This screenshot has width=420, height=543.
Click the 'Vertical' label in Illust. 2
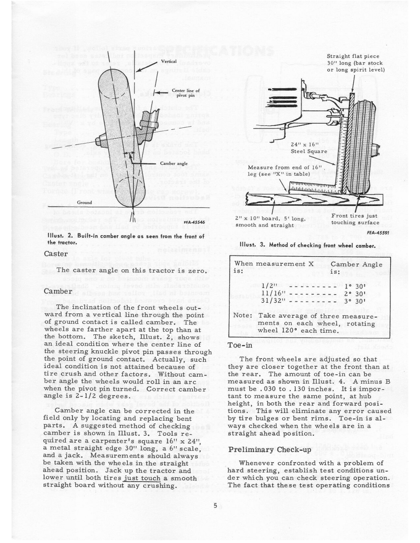[x=169, y=61]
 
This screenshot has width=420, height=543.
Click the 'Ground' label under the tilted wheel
[x=84, y=203]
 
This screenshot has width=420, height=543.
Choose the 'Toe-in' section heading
[x=240, y=345]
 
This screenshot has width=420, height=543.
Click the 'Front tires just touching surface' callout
[x=355, y=219]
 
